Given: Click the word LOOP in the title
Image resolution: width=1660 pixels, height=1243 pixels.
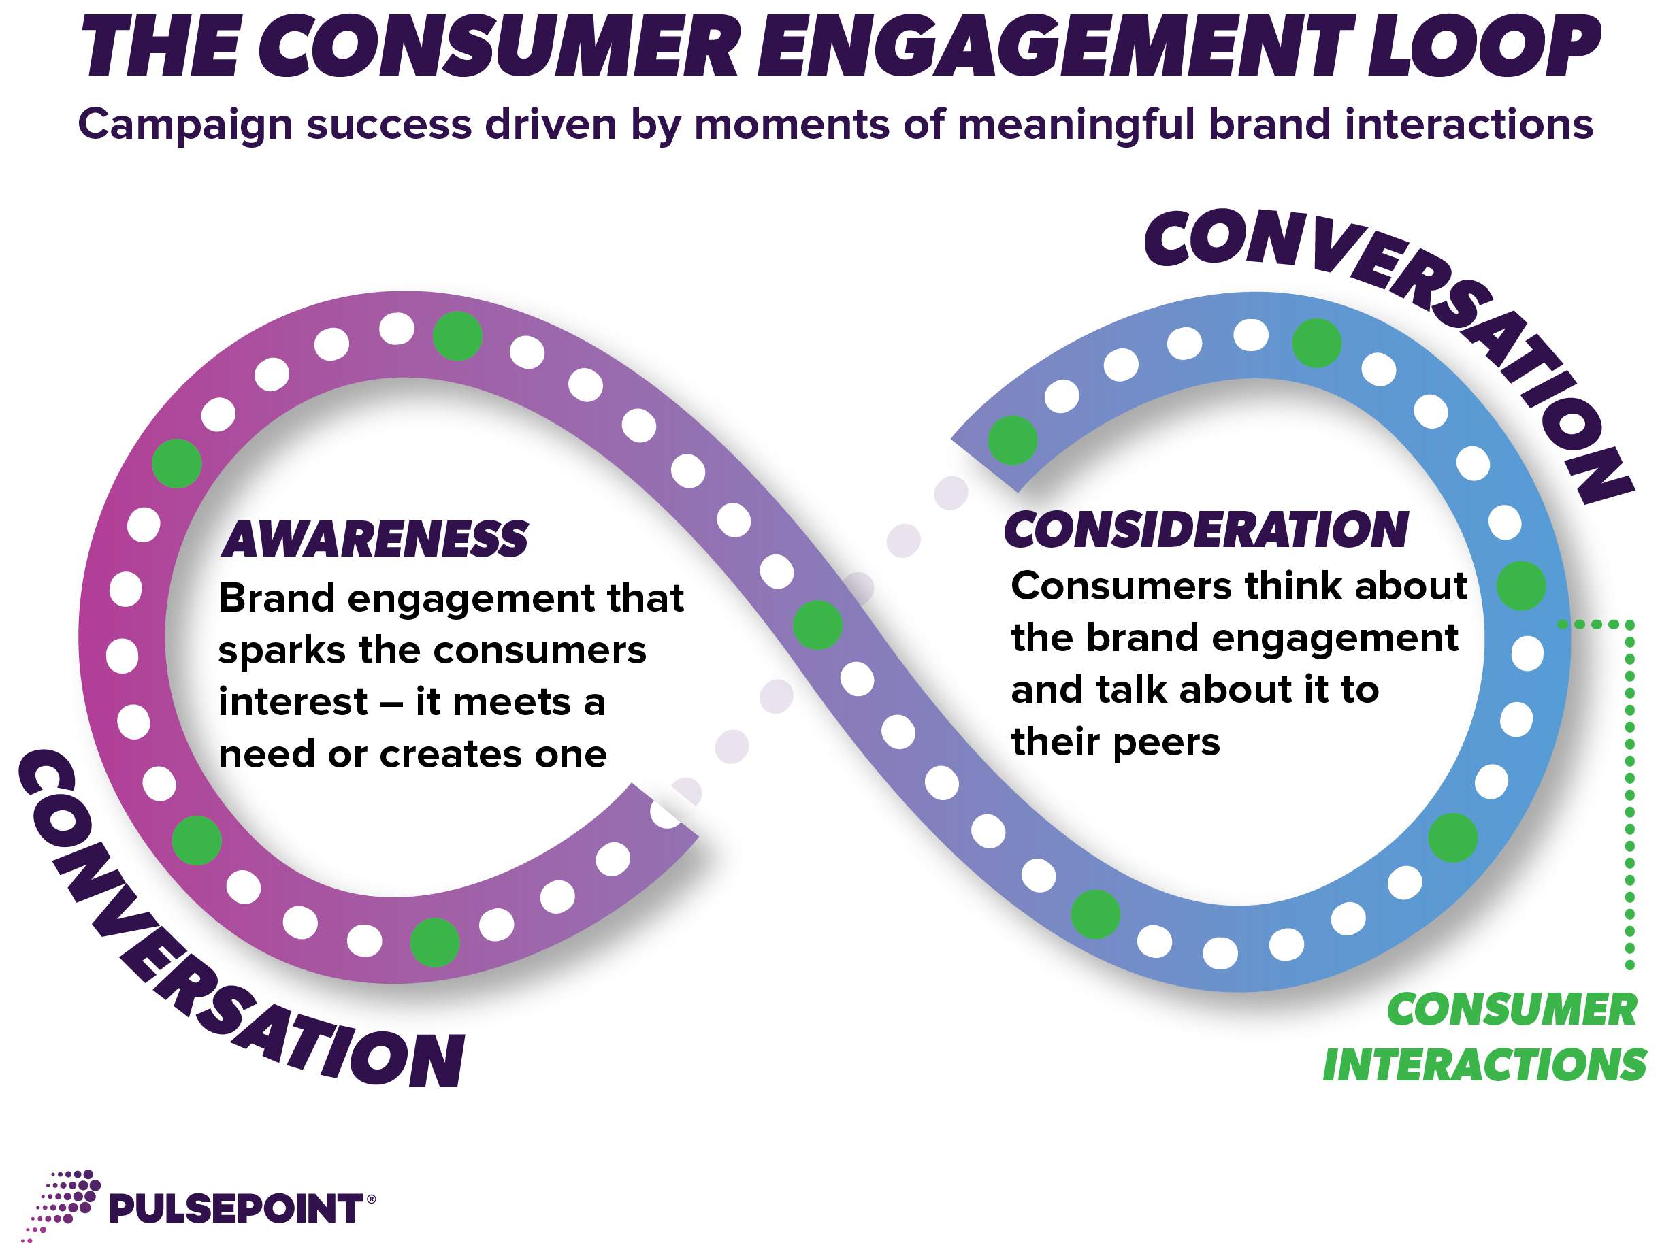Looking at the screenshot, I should (x=1483, y=46).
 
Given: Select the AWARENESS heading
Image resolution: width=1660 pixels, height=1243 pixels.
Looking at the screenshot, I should (x=375, y=539).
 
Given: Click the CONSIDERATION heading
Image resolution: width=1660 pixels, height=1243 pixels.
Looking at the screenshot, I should (x=1206, y=529).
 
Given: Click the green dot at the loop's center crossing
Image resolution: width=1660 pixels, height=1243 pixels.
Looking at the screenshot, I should (x=818, y=625).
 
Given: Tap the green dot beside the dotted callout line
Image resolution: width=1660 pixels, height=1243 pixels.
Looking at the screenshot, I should (x=1521, y=585).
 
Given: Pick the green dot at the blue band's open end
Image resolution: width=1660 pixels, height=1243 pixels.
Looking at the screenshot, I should (x=1012, y=440).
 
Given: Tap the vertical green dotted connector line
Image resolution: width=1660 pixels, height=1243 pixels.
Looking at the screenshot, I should (x=1629, y=795).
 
